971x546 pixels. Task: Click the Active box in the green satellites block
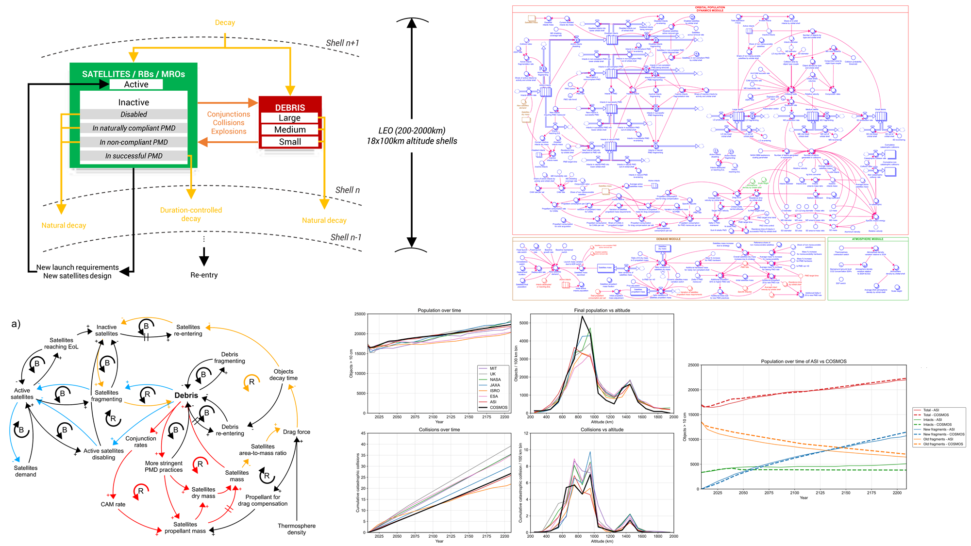136,84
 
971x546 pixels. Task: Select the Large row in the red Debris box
289,118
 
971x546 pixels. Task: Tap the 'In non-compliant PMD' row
134,142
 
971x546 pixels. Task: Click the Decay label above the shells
225,23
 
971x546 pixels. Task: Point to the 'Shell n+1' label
342,43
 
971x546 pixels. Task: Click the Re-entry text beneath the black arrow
204,275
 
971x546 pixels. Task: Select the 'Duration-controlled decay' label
191,214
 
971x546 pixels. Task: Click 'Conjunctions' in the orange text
229,114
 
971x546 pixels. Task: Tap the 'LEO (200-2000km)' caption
412,131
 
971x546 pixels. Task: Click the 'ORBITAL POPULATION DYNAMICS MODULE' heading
710,9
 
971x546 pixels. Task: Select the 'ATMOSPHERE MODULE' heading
868,239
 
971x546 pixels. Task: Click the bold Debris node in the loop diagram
186,396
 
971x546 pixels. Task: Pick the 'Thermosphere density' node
296,529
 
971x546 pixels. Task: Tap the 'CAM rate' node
113,504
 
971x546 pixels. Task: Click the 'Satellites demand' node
26,471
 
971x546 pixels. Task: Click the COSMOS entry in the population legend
498,408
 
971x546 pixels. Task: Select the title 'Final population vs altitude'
602,311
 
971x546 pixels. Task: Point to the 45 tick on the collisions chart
363,433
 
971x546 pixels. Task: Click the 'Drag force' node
297,432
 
